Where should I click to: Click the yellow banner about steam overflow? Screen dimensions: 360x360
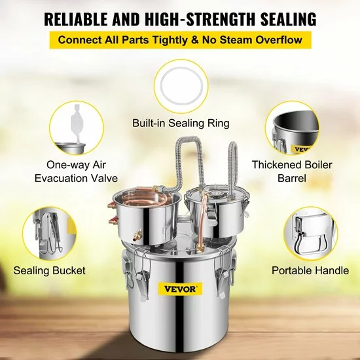click(180, 40)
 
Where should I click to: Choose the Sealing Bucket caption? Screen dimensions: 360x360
click(45, 269)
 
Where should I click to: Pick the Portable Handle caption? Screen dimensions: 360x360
click(305, 269)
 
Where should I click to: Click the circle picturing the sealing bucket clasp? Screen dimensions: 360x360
click(50, 229)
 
